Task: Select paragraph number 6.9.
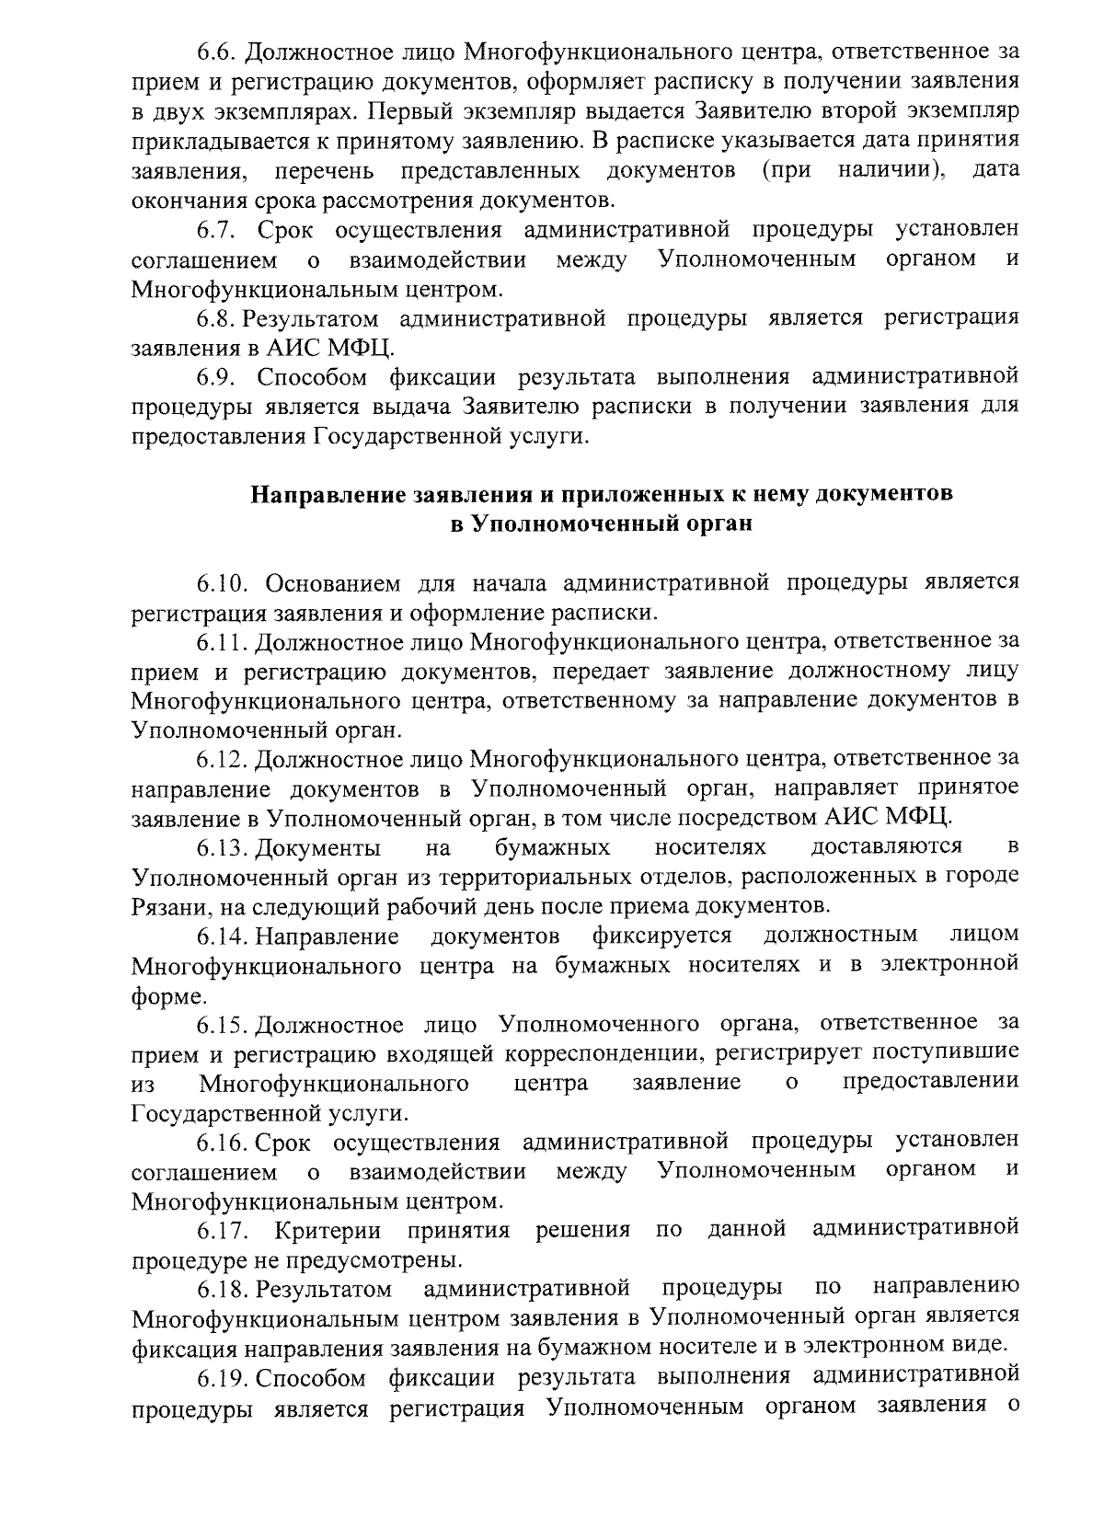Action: coord(219,377)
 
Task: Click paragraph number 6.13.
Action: coord(224,846)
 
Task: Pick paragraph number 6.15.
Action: coord(224,1024)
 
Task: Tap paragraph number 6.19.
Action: coord(224,1378)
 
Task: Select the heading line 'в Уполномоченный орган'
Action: coord(602,524)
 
